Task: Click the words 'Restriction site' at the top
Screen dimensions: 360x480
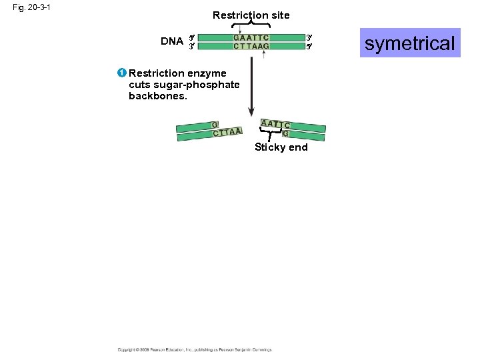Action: (251, 15)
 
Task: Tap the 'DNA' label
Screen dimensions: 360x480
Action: (172, 41)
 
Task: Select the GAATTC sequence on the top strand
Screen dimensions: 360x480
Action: (251, 38)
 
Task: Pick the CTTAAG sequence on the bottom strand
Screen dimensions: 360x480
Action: (251, 47)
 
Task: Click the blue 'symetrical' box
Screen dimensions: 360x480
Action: (410, 43)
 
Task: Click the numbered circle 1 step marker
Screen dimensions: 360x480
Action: (123, 73)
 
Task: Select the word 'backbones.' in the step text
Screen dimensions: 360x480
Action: (158, 96)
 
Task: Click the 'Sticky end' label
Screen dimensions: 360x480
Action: (281, 147)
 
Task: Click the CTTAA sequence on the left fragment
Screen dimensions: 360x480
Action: (227, 132)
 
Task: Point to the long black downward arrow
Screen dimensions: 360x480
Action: (251, 87)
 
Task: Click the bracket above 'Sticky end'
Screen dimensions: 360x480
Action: (269, 137)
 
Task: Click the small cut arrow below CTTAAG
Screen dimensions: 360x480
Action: (264, 54)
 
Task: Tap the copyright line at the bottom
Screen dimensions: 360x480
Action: (195, 349)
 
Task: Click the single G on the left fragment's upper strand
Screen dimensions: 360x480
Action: (214, 125)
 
